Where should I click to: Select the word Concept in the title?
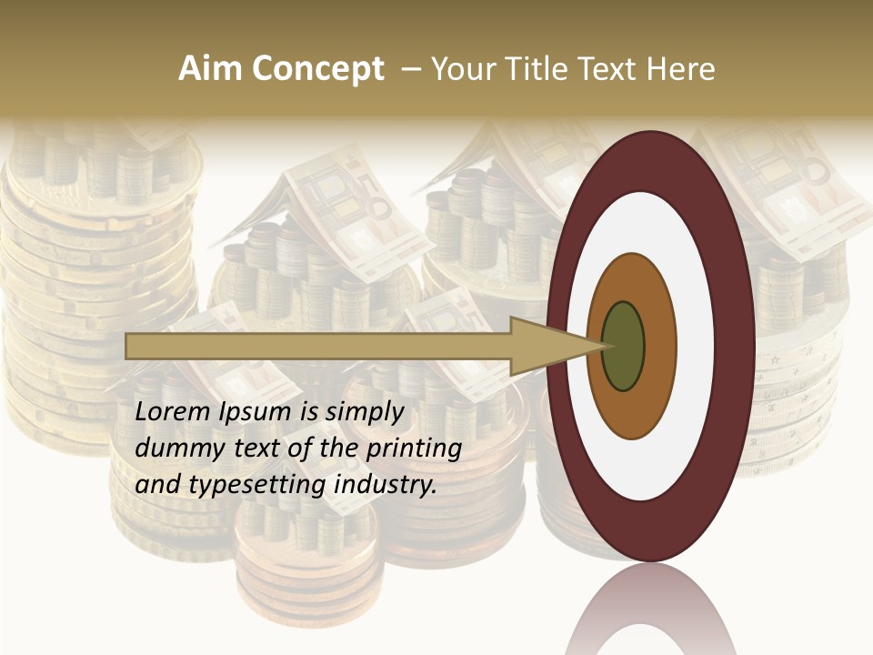tap(319, 70)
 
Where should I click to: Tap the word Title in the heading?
tap(537, 69)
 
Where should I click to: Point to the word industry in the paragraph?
tap(386, 485)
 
